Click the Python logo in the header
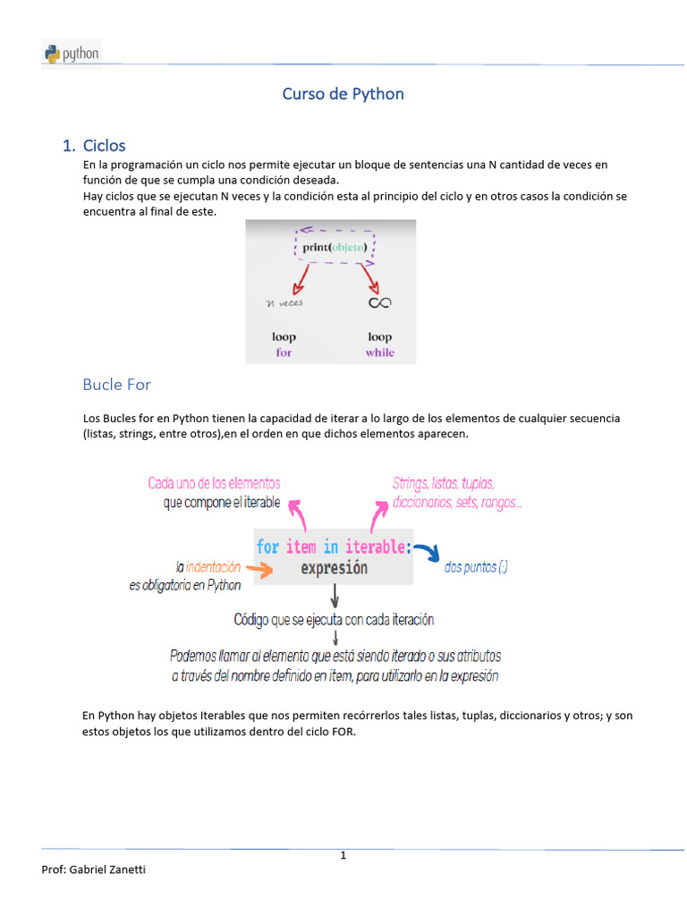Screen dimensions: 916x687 coord(72,54)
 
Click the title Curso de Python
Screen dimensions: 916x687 coord(343,94)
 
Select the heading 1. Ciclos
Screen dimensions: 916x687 coord(94,145)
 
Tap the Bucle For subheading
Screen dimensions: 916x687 coord(116,385)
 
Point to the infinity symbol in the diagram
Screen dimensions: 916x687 coord(379,302)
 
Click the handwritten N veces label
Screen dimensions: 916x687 coord(284,302)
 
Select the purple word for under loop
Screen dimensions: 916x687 coord(284,352)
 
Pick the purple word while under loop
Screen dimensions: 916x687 coord(379,352)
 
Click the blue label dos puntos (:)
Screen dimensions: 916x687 coord(476,568)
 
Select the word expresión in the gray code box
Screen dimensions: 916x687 coord(334,568)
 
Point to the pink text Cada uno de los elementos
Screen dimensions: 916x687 coord(214,483)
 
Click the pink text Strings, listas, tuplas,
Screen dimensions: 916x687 coord(443,483)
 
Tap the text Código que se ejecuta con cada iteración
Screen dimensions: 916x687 coord(334,619)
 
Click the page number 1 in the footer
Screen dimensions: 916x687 coord(343,856)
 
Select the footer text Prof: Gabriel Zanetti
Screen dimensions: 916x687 coord(94,870)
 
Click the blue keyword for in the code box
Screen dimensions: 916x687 coord(267,547)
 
